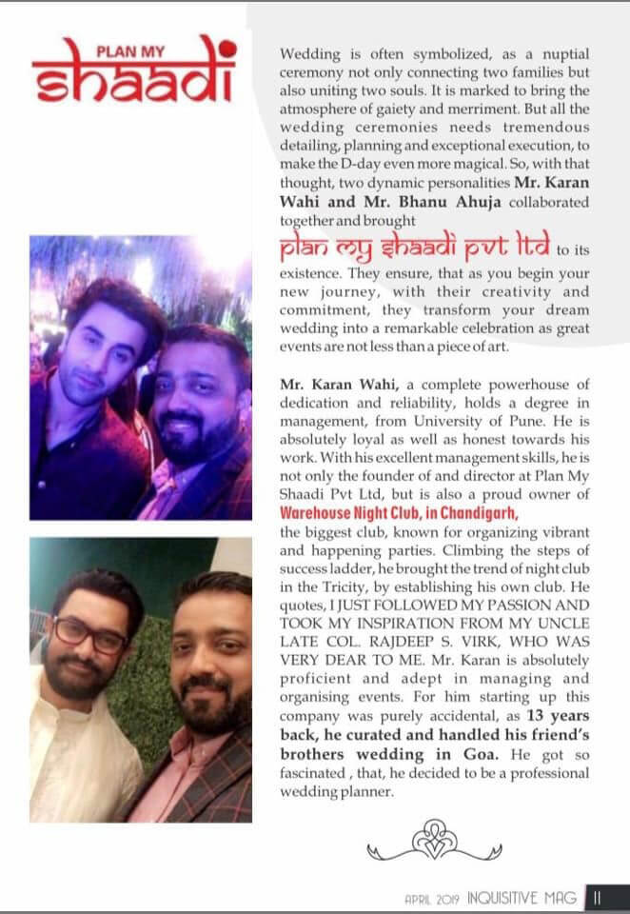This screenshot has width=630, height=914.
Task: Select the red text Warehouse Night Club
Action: click(359, 513)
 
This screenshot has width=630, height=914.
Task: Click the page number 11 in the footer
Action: click(598, 896)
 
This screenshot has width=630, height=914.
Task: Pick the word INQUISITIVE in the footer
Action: click(508, 897)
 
